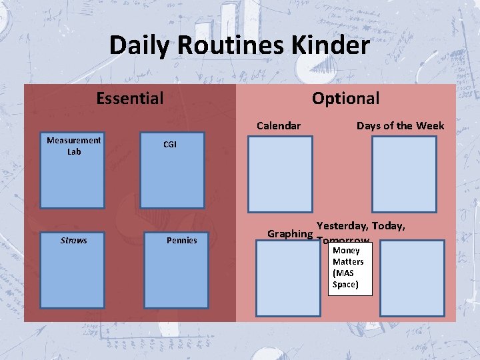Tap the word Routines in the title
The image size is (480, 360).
(225, 45)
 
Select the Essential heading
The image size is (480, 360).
(129, 99)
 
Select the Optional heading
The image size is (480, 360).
(345, 99)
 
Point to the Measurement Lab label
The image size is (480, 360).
(73, 145)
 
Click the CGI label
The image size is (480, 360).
(170, 145)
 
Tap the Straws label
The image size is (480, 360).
(73, 240)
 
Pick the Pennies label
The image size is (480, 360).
(181, 240)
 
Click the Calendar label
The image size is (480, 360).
(279, 125)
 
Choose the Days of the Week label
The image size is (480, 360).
(400, 125)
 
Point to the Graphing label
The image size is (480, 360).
(290, 234)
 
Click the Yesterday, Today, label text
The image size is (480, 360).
(361, 226)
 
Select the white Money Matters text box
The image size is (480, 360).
(348, 269)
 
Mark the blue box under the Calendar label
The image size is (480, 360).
(280, 174)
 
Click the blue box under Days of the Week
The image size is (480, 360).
(404, 174)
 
